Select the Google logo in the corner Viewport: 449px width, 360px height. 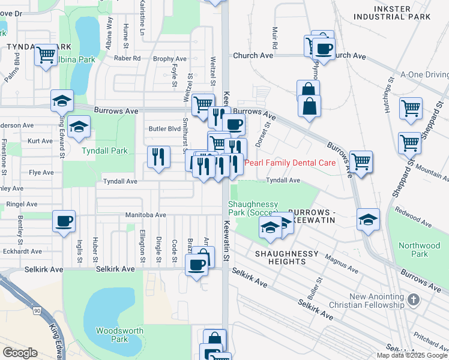click(20, 352)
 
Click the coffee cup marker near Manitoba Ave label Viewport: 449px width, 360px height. click(64, 221)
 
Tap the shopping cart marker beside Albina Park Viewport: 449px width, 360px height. click(46, 55)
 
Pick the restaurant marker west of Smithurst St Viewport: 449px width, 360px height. click(158, 157)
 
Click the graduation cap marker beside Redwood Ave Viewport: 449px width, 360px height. click(368, 220)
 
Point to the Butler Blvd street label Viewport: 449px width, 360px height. click(164, 129)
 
